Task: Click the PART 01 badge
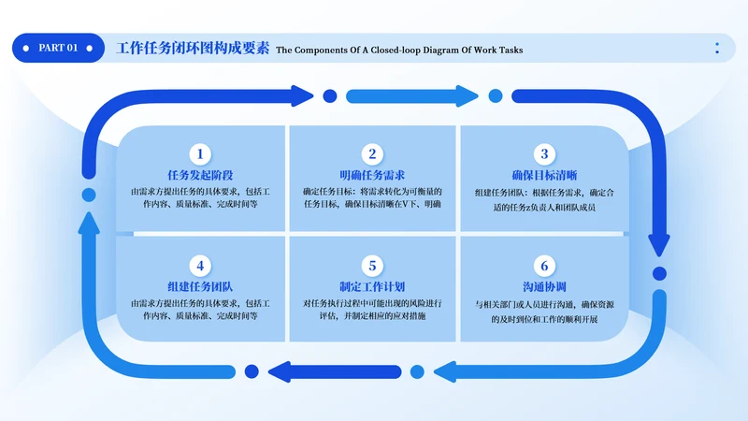pos(58,48)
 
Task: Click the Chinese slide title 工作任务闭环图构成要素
pos(193,49)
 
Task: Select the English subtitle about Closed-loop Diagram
pos(399,50)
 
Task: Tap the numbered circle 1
pos(198,154)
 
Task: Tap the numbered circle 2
pos(371,154)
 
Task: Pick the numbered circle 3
pos(544,154)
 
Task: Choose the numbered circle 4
pos(198,266)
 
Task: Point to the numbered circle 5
pos(371,266)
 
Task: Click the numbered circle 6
pos(544,266)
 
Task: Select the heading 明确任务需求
pos(371,176)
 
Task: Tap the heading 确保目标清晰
pos(544,176)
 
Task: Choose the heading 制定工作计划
pos(371,286)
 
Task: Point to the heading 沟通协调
pos(544,286)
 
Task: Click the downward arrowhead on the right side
pos(659,245)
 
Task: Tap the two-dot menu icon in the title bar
pos(717,48)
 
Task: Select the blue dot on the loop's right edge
pos(659,274)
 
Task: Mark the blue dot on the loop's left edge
pos(89,195)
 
